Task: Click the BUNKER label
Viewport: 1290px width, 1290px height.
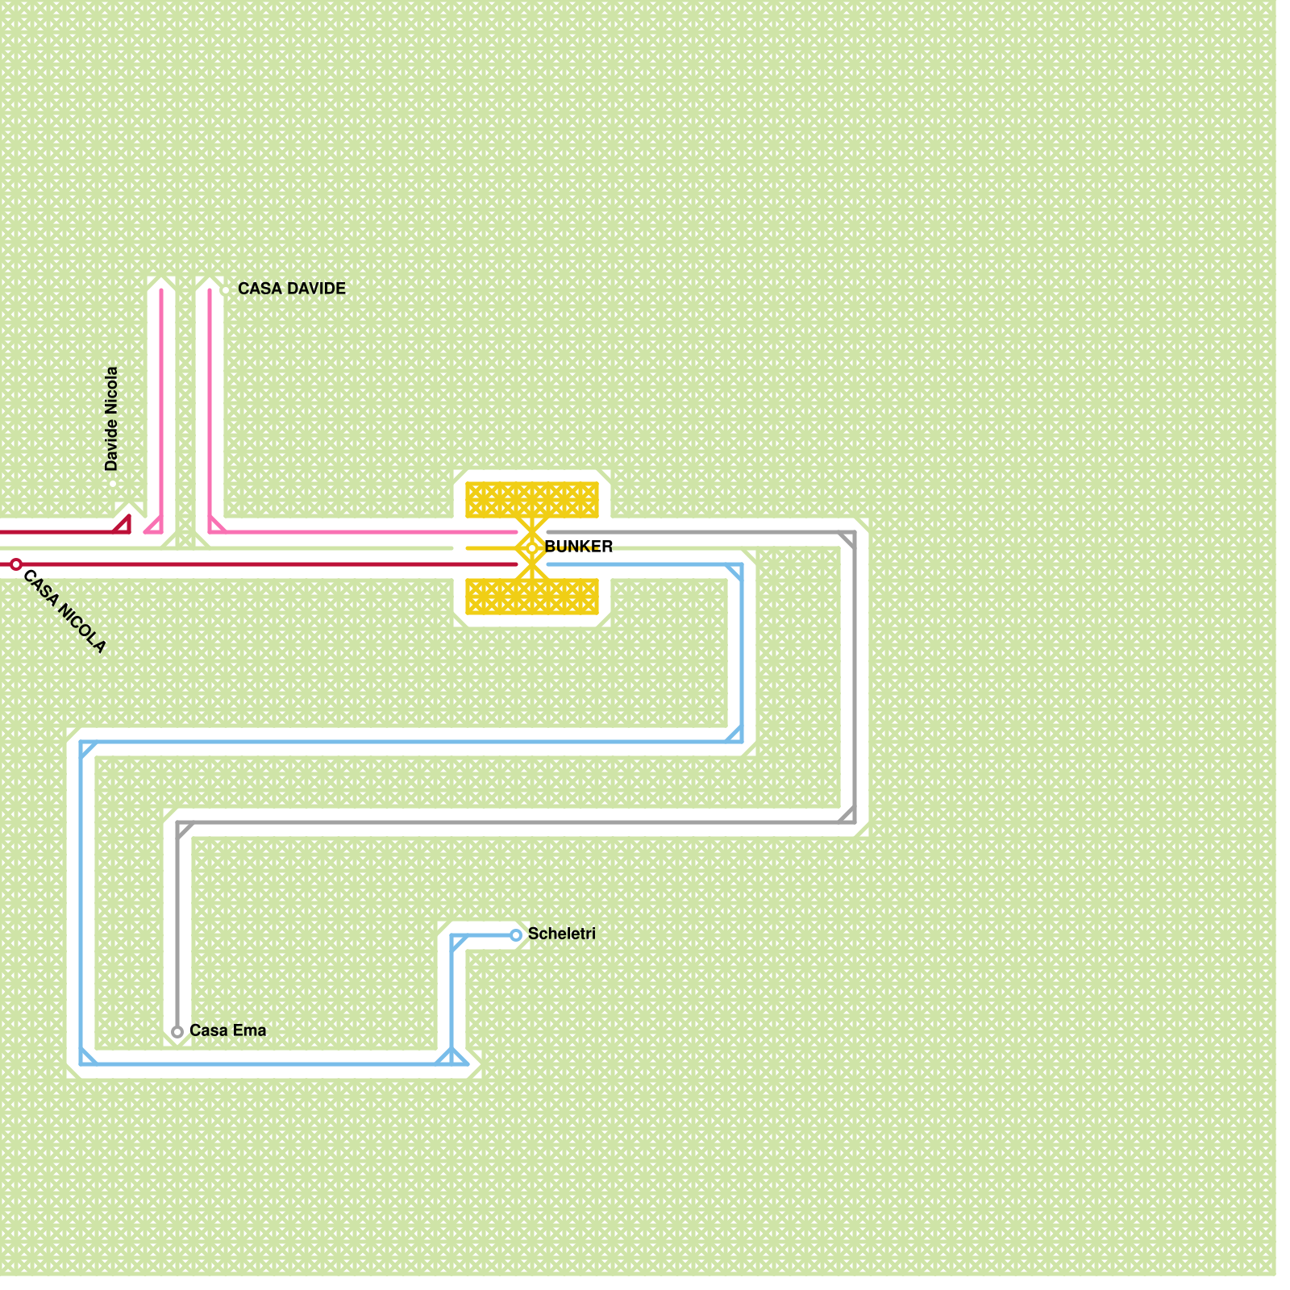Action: point(579,547)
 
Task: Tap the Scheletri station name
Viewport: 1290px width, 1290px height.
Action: point(561,934)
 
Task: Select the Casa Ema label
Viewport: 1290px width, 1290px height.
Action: point(227,1030)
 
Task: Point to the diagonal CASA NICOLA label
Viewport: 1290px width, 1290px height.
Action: point(64,611)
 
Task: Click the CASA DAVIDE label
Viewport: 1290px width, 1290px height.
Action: point(292,289)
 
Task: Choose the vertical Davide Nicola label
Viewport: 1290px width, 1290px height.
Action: point(111,419)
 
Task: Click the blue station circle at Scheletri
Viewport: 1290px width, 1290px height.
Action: point(516,935)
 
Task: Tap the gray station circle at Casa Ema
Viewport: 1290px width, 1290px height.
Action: point(177,1032)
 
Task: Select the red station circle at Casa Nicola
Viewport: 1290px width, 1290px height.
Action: point(16,564)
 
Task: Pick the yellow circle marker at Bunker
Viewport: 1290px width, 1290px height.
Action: point(532,548)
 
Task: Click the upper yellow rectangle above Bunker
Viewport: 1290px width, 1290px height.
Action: point(532,500)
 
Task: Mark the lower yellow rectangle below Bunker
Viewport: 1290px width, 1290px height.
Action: point(532,597)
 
